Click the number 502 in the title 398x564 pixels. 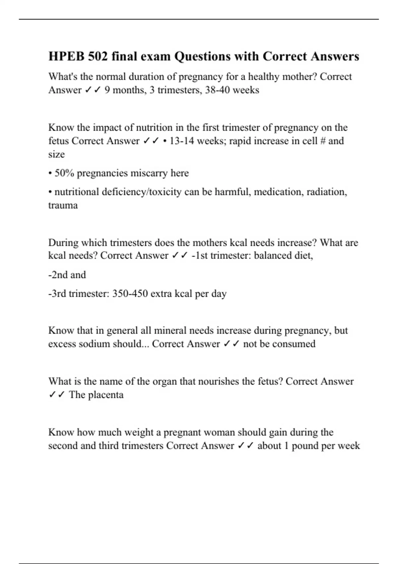[x=98, y=56]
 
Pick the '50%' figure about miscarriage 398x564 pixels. [x=64, y=173]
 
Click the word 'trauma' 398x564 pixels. [x=63, y=205]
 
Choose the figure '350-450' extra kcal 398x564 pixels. [x=130, y=294]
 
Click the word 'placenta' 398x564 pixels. [x=106, y=395]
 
